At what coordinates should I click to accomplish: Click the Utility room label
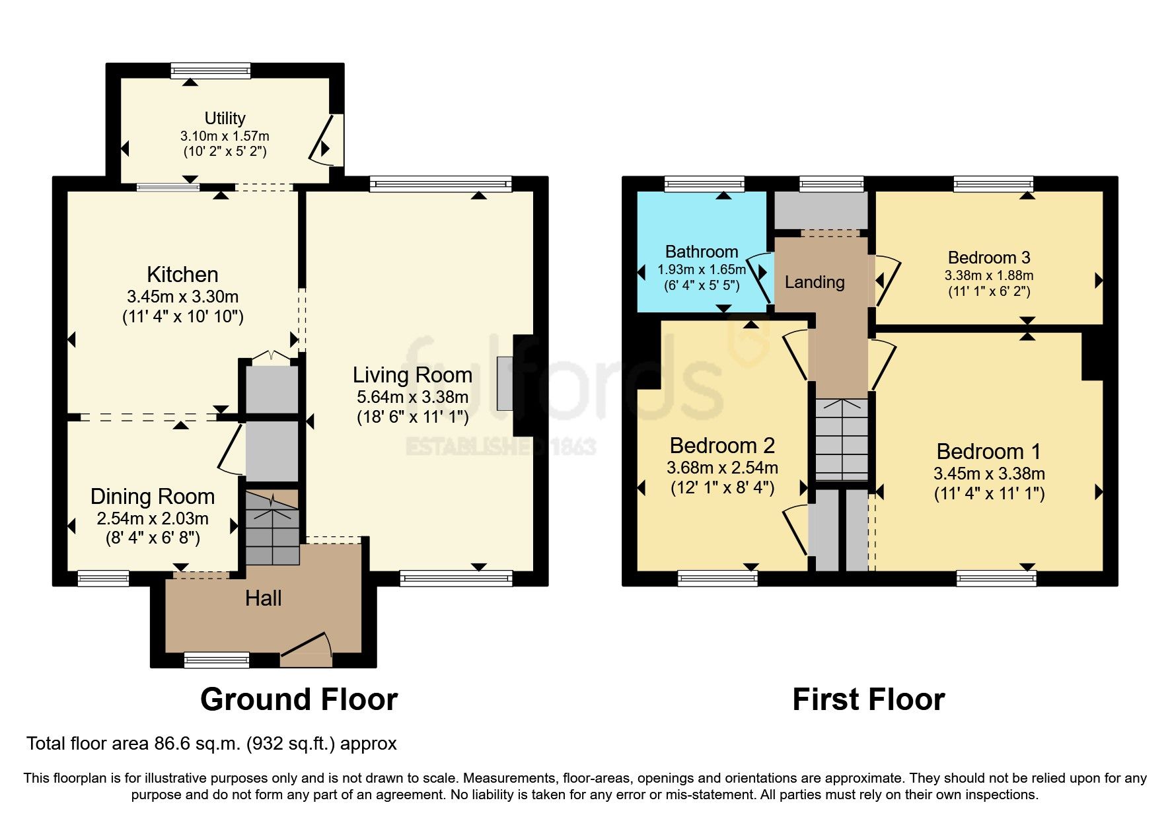click(225, 118)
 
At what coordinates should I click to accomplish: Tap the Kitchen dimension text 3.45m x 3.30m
click(183, 297)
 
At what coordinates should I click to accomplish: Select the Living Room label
click(412, 375)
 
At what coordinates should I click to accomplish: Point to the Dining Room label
click(153, 496)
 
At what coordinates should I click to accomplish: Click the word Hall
click(263, 598)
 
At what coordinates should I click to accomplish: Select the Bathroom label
click(702, 252)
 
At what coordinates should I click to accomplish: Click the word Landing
click(815, 282)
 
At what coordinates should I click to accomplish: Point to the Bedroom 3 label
click(989, 258)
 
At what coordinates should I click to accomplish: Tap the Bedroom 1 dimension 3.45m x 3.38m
click(989, 474)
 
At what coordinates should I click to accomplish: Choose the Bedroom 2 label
click(722, 446)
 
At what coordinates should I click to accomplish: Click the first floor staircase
click(841, 440)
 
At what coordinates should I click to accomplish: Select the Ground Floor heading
click(299, 699)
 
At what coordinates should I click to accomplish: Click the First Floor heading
click(868, 699)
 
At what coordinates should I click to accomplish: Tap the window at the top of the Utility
click(211, 70)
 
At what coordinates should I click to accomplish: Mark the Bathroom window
click(704, 184)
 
